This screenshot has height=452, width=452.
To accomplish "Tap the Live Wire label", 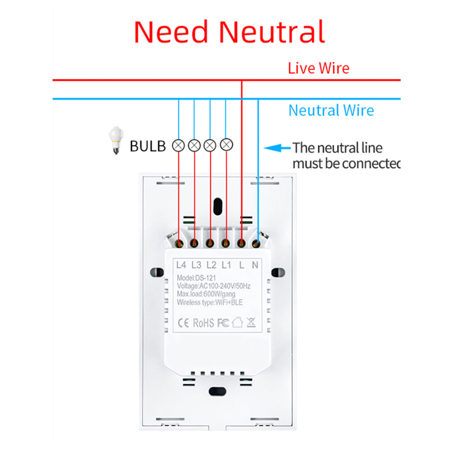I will click(x=319, y=68).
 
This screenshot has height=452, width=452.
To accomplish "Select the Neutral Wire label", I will click(x=331, y=110).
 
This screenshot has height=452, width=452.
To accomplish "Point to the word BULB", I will click(x=148, y=146).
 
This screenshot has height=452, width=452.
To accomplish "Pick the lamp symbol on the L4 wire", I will click(x=179, y=145).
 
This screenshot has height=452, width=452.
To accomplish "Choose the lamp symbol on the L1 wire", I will click(x=226, y=145).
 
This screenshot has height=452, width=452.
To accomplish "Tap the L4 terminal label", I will click(x=182, y=265).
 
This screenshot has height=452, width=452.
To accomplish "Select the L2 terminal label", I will click(x=212, y=265).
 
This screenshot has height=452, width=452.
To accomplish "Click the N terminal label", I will click(x=255, y=265).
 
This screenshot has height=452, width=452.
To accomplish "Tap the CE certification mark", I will click(x=184, y=323).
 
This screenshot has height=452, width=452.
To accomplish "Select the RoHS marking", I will click(x=204, y=323).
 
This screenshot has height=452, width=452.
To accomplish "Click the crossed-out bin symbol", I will click(x=251, y=322).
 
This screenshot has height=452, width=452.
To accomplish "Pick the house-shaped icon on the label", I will click(x=237, y=322).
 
